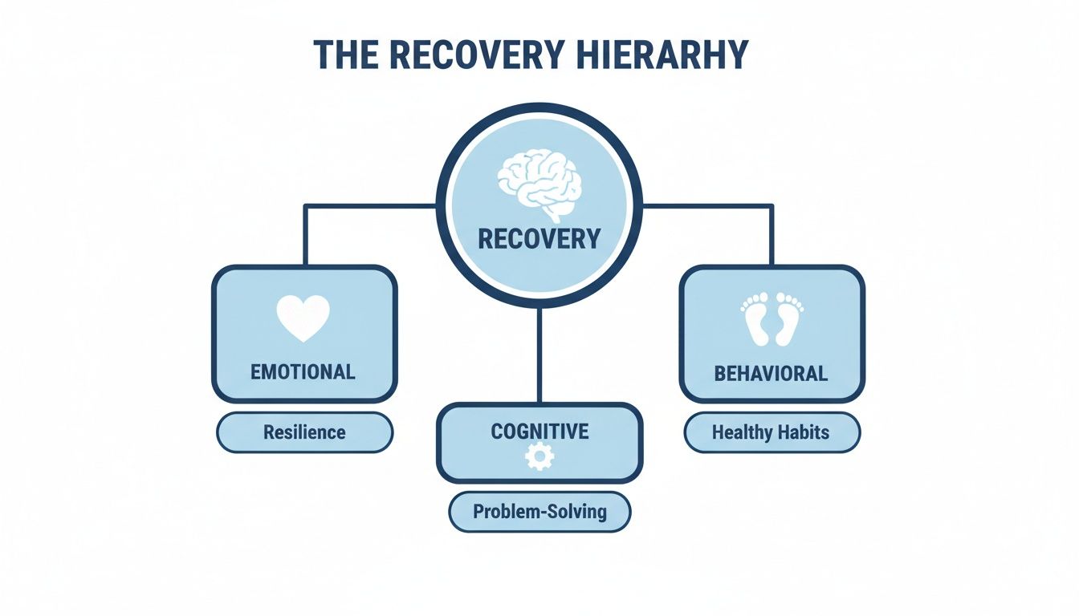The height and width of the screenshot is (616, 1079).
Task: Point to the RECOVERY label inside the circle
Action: point(539,239)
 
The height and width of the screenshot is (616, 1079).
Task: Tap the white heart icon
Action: point(303,317)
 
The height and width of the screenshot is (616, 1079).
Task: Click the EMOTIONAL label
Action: point(303,372)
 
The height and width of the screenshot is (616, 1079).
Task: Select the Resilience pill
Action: point(304,433)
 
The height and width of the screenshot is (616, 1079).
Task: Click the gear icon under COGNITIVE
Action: point(539,457)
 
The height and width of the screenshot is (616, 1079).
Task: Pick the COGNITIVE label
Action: point(539,432)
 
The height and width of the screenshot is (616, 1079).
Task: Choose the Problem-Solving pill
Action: point(539,511)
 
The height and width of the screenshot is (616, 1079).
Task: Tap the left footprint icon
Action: point(755,318)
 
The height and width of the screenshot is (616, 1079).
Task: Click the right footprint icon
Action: point(790,318)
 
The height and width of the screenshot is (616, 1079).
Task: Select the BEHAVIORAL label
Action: point(771,374)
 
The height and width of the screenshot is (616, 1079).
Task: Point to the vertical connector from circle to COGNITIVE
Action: point(539,353)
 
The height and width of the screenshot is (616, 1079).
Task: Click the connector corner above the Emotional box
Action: point(305,206)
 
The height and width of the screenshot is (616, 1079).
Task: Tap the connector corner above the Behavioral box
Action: point(772,206)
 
